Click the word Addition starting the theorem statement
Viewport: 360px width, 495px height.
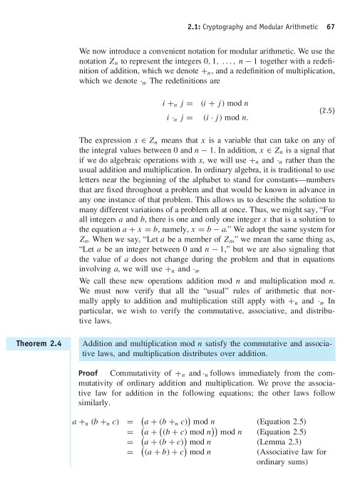pyautogui.click(x=101, y=343)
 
